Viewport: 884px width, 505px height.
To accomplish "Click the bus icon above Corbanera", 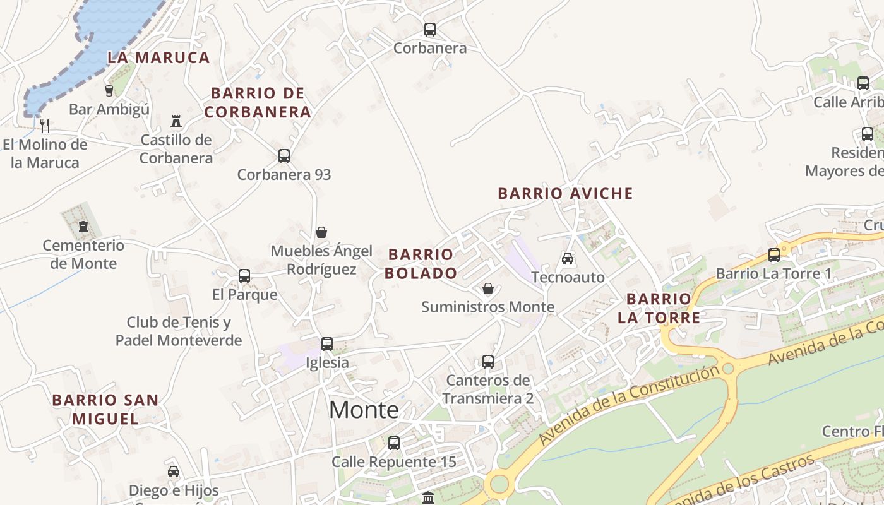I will coord(430,30).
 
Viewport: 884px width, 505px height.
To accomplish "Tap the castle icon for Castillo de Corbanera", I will coord(176,121).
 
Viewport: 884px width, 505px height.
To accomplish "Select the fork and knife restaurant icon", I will coord(44,125).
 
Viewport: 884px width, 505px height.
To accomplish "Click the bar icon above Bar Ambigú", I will coord(109,91).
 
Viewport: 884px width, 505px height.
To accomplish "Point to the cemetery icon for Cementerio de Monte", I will coord(83,227).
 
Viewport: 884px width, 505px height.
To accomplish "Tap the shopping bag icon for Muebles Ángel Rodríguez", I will coord(321,232).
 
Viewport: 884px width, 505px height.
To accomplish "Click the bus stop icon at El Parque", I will coord(244,276).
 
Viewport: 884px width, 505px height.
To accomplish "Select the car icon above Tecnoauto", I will coord(568,258).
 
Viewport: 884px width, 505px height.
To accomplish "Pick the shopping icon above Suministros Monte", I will coord(488,288).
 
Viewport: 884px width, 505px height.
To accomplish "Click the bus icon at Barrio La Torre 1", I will coord(774,255).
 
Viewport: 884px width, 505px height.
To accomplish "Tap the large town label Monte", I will coord(364,410).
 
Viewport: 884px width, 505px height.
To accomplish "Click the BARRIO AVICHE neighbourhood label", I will coord(565,194).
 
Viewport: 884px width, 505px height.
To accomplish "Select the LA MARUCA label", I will coord(158,57).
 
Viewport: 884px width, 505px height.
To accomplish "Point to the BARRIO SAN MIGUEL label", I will coord(105,409).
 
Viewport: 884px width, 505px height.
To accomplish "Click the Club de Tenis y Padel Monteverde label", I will coord(179,331).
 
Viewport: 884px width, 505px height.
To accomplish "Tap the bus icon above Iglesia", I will coord(327,344).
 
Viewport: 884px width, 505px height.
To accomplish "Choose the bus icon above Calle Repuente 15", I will coord(394,443).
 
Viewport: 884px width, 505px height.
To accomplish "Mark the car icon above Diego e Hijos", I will coord(174,472).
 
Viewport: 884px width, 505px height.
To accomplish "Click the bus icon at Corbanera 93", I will coord(284,156).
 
